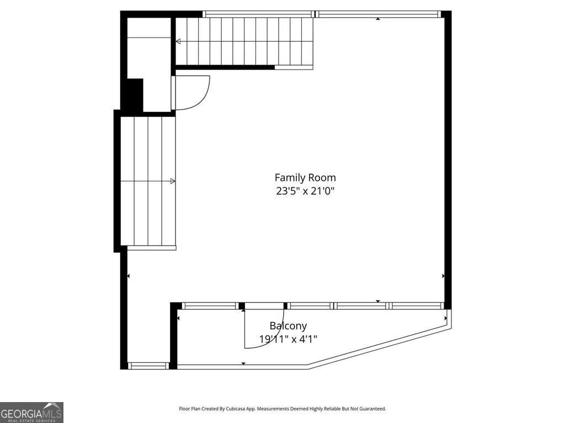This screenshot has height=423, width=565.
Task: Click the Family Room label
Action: (x=305, y=178)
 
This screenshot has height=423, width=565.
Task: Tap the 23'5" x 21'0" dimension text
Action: (x=305, y=191)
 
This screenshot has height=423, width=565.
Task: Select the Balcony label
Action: (x=288, y=326)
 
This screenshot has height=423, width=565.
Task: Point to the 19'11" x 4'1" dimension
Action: (x=288, y=339)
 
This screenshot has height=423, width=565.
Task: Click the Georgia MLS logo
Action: (x=31, y=412)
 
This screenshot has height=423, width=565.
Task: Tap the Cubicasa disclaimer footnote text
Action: (x=282, y=409)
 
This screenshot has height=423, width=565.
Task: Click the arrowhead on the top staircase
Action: (x=178, y=42)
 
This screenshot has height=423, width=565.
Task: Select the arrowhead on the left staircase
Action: (x=173, y=181)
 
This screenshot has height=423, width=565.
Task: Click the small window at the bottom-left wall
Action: (x=148, y=366)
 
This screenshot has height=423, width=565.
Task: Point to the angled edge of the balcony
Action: (x=379, y=348)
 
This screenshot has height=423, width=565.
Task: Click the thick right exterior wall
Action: (x=447, y=160)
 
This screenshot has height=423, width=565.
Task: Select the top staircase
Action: (x=244, y=41)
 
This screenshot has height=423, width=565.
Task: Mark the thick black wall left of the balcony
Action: (x=173, y=336)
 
